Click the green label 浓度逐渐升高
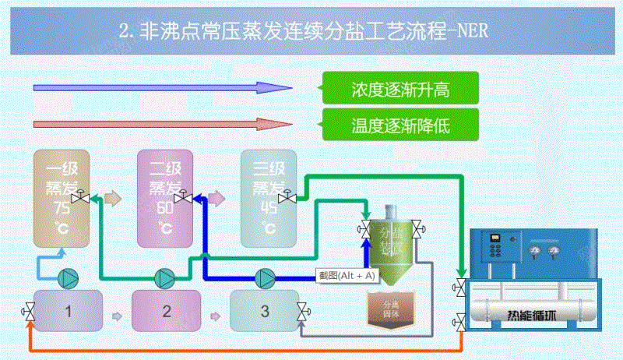coord(400,90)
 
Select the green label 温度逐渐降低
coord(400,124)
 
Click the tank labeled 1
coord(69,312)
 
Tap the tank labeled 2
coord(166,312)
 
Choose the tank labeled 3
coord(264,312)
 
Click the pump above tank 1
coord(69,277)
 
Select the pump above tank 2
coord(165,277)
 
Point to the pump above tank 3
coord(266,277)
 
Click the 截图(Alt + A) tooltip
coord(347,275)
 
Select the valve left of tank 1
coord(30,313)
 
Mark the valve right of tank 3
coord(302,314)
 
